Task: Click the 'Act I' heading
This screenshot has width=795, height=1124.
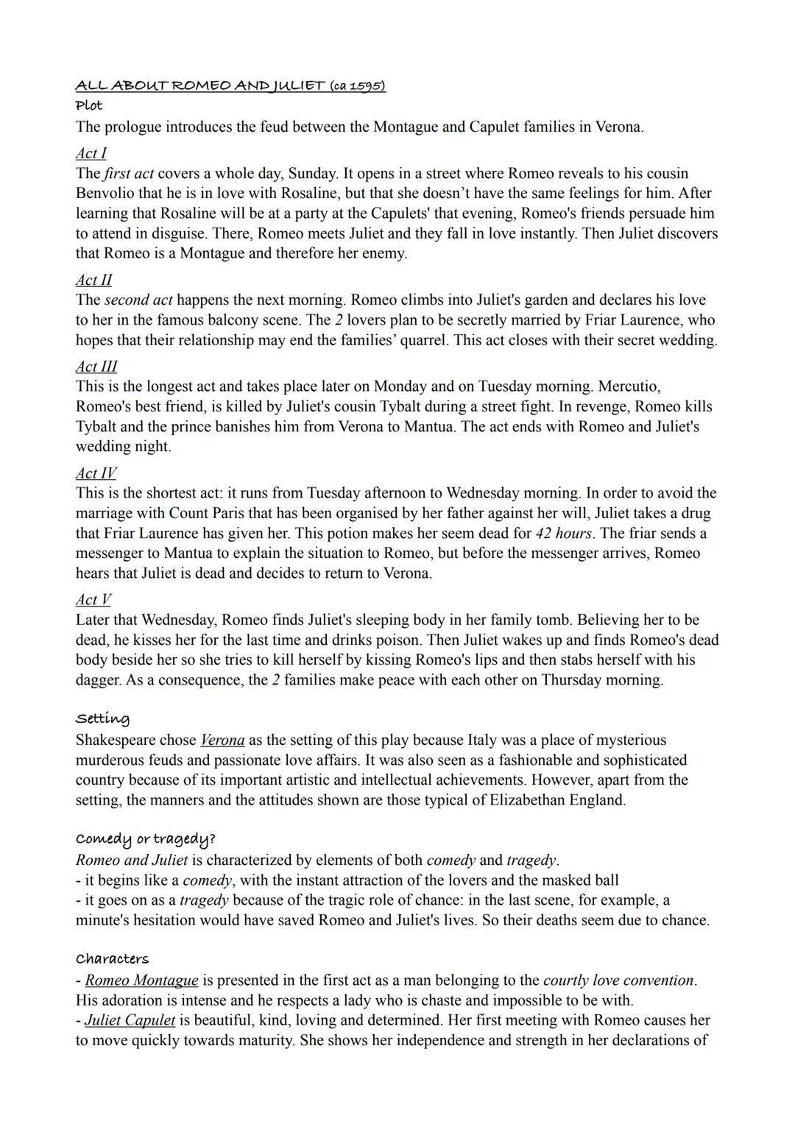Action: pyautogui.click(x=91, y=153)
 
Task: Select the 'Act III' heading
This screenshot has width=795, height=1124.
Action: pyautogui.click(x=96, y=367)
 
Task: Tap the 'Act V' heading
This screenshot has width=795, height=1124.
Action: pyautogui.click(x=93, y=600)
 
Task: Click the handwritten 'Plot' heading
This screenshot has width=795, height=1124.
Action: pyautogui.click(x=89, y=105)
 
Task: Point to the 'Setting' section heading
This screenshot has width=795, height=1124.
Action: pyautogui.click(x=102, y=718)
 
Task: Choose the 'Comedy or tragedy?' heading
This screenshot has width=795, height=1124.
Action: pyautogui.click(x=146, y=839)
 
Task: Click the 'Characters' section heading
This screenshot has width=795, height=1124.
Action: pyautogui.click(x=112, y=959)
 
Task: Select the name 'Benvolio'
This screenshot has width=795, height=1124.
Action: pyautogui.click(x=106, y=194)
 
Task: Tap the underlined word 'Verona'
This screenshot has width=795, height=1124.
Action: pyautogui.click(x=222, y=741)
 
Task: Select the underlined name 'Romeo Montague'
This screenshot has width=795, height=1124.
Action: pyautogui.click(x=141, y=980)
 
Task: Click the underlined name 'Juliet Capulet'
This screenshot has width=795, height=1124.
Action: pyautogui.click(x=130, y=1020)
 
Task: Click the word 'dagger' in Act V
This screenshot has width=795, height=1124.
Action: pyautogui.click(x=99, y=680)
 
